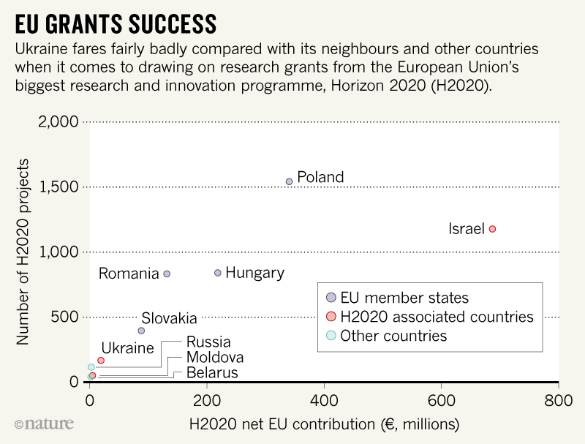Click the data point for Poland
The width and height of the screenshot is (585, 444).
pyautogui.click(x=289, y=181)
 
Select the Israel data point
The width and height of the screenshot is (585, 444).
pyautogui.click(x=492, y=229)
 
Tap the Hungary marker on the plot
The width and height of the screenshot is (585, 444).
pyautogui.click(x=217, y=273)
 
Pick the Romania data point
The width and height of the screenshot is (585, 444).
pyautogui.click(x=167, y=274)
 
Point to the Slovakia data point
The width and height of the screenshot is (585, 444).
pyautogui.click(x=141, y=331)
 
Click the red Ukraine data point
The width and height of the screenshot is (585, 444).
pyautogui.click(x=101, y=361)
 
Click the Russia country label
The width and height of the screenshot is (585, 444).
pyautogui.click(x=208, y=342)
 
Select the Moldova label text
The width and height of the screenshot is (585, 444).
pyautogui.click(x=215, y=358)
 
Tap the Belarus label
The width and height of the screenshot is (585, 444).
pyautogui.click(x=212, y=373)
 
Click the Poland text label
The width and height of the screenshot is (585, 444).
pyautogui.click(x=320, y=177)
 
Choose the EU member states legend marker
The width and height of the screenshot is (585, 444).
pyautogui.click(x=331, y=298)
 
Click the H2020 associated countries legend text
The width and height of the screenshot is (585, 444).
pyautogui.click(x=437, y=317)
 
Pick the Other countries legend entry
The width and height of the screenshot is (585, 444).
pyautogui.click(x=393, y=336)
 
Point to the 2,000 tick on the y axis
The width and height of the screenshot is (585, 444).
pyautogui.click(x=57, y=121)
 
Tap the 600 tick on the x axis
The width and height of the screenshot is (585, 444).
pyautogui.click(x=441, y=400)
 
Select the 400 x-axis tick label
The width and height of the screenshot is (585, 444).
pyautogui.click(x=324, y=400)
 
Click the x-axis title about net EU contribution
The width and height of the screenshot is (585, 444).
pyautogui.click(x=324, y=424)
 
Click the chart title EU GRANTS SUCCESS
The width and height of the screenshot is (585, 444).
pyautogui.click(x=116, y=24)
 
